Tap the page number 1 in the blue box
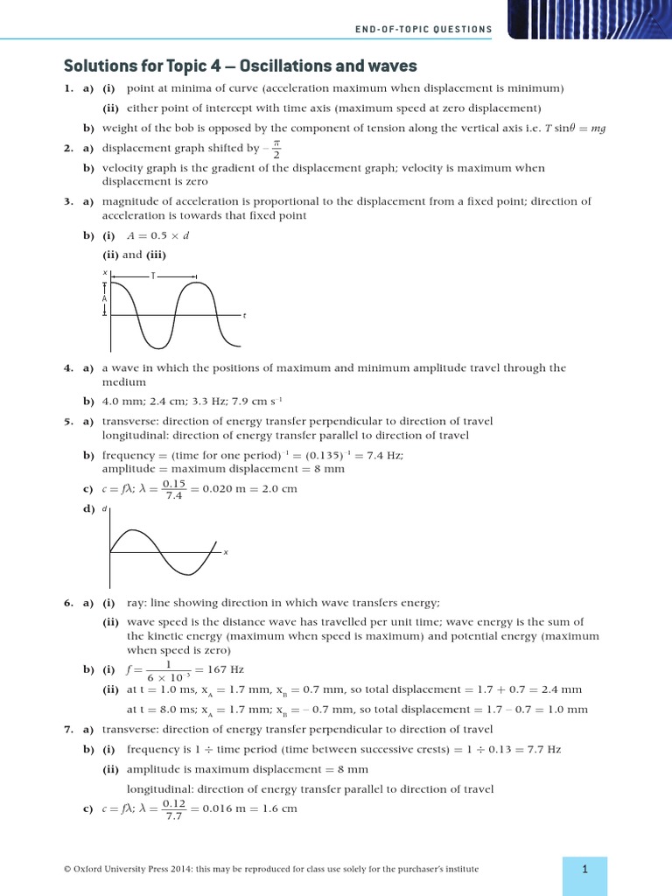[x=584, y=869]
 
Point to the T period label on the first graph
[x=153, y=276]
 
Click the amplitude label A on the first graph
[x=105, y=298]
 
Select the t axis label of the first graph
[x=244, y=316]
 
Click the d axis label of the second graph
[x=105, y=509]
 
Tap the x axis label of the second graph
[x=226, y=552]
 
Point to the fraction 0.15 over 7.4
[x=175, y=489]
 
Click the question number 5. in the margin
[x=68, y=420]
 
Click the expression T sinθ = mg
[x=575, y=128]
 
